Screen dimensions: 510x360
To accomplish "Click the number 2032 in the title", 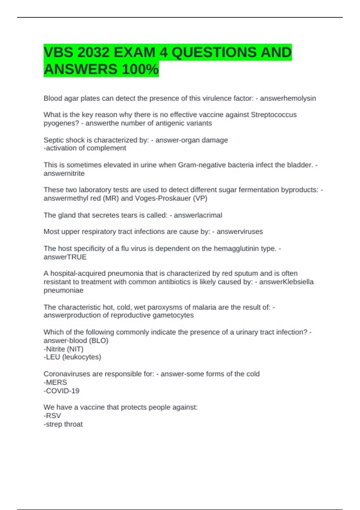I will coord(93,52).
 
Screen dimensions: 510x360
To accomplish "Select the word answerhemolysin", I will coord(288,98).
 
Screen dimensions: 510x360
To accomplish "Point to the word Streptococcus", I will coord(274,115).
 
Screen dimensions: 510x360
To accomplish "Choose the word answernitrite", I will coord(64,173).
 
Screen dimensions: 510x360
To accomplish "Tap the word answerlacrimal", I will coord(198,215).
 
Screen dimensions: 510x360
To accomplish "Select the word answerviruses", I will coord(240,232).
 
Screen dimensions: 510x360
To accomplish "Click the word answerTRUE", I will coord(65,257).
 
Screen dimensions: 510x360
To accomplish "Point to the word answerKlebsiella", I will coord(286,282).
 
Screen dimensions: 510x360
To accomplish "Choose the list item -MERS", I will coord(55,382).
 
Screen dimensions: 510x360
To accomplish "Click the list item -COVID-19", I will coord(61,391).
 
